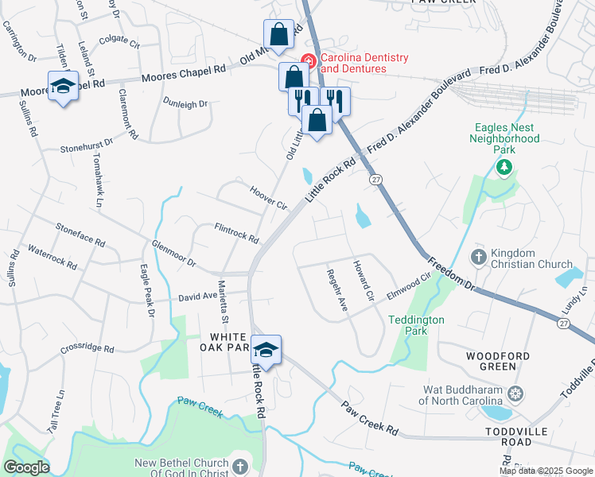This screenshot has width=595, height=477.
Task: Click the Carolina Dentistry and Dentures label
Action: [353, 64]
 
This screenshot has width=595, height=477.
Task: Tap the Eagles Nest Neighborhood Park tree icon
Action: [503, 168]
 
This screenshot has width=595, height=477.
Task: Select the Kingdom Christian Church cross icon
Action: [478, 257]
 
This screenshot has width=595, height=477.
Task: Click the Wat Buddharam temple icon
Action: [516, 393]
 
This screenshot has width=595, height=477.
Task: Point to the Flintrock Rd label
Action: [236, 233]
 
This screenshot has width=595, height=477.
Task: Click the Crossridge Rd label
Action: [87, 349]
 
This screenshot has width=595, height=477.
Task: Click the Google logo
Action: [26, 467]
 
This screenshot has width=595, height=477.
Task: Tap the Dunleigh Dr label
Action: [185, 103]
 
